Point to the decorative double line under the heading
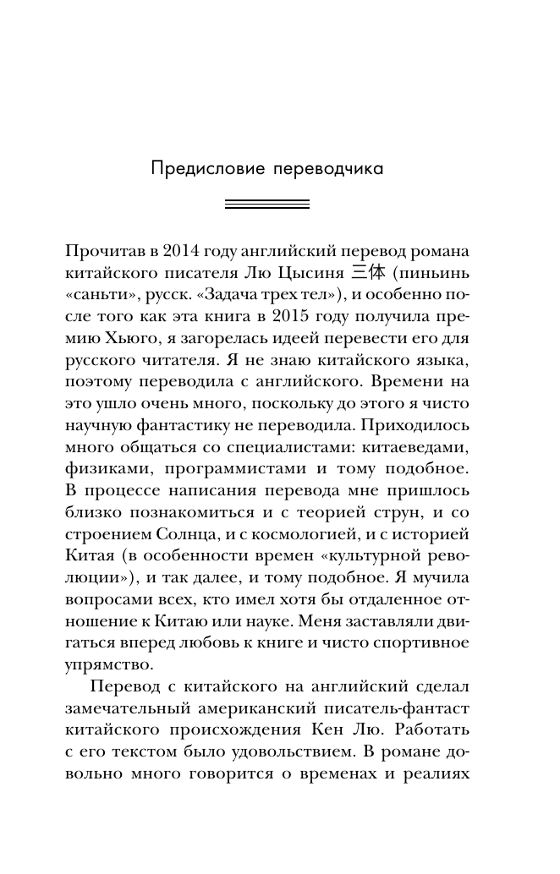[266, 204]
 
